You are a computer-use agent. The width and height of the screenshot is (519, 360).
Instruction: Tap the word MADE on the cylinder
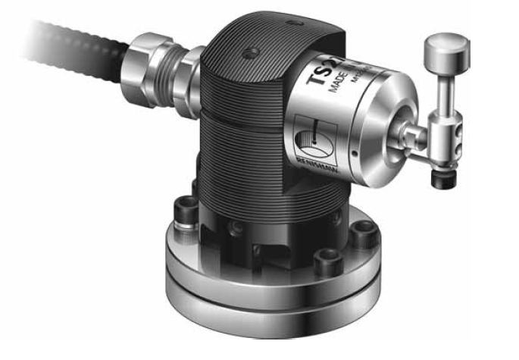click(339, 89)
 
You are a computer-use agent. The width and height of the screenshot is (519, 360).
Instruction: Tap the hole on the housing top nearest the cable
click(251, 53)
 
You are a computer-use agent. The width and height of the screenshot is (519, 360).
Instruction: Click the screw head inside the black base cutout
click(237, 227)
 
